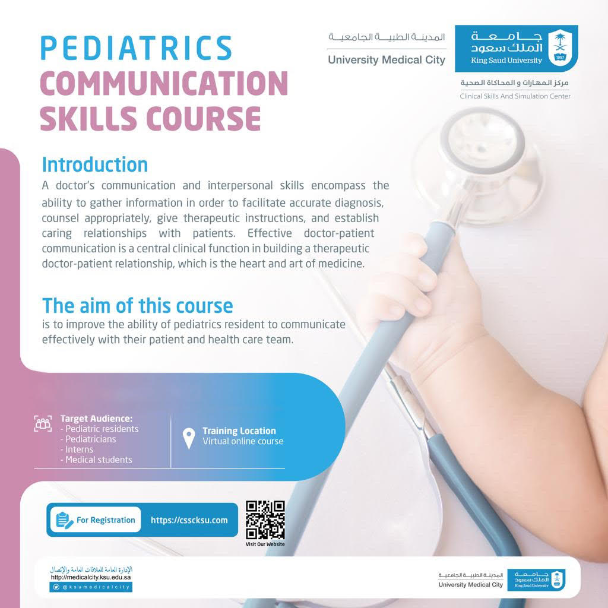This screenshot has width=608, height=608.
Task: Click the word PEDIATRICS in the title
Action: click(x=136, y=48)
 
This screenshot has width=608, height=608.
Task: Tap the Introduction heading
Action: click(x=94, y=164)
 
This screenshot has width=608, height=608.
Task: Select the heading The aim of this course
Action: click(x=137, y=306)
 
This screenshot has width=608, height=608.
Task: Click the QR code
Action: click(x=265, y=520)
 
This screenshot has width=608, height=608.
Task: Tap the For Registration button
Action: click(x=96, y=520)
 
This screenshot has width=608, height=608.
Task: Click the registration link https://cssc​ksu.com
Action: click(x=189, y=520)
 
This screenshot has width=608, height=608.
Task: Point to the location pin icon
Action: click(x=189, y=439)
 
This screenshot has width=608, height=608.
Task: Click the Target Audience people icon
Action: click(x=43, y=423)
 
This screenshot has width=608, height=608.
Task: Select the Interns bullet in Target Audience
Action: click(x=77, y=449)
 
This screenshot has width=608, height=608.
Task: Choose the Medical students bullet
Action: click(x=96, y=460)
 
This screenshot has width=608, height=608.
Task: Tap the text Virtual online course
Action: click(x=243, y=441)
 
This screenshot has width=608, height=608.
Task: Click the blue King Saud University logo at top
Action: click(x=516, y=49)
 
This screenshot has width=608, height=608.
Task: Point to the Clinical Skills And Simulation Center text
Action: click(x=515, y=96)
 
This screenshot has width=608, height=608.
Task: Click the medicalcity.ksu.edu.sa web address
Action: click(x=91, y=577)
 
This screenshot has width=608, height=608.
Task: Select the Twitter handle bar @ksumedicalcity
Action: click(x=91, y=587)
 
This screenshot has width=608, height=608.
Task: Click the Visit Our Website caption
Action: click(x=265, y=544)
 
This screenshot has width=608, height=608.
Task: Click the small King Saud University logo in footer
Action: click(x=539, y=579)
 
